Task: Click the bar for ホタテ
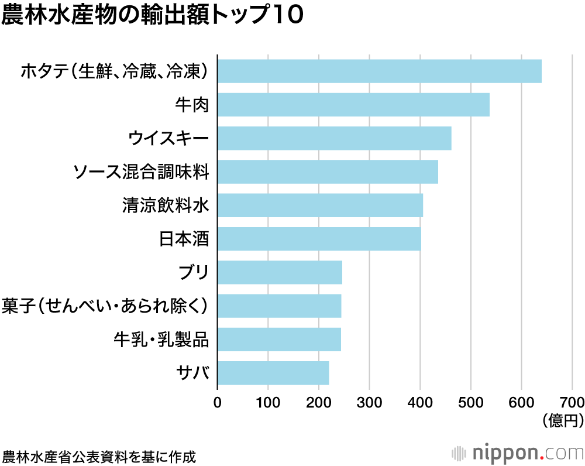379,71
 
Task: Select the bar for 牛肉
353,105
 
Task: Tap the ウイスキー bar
334,138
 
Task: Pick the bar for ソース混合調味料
328,172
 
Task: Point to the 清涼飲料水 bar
320,205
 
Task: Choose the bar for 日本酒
319,239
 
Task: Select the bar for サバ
273,373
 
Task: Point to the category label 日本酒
184,239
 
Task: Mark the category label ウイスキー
168,139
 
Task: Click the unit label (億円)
562,420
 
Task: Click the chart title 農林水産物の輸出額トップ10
152,16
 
